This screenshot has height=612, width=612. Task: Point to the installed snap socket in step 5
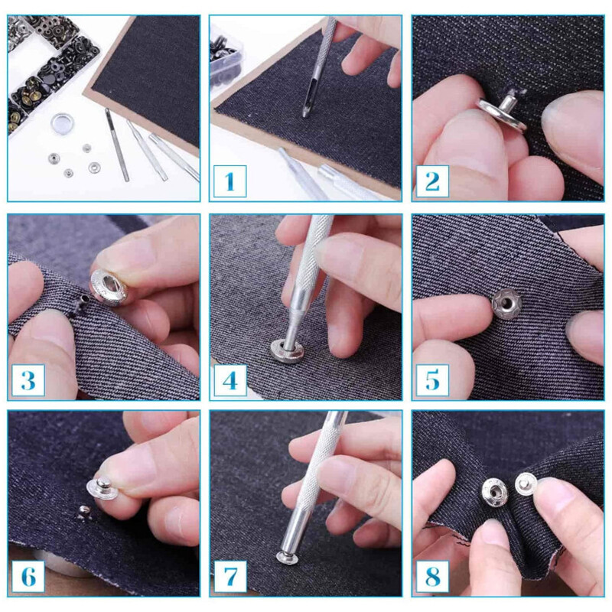pyautogui.click(x=504, y=304)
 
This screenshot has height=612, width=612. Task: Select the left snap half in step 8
pyautogui.click(x=493, y=492)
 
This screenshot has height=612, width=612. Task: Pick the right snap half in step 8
pyautogui.click(x=526, y=483)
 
